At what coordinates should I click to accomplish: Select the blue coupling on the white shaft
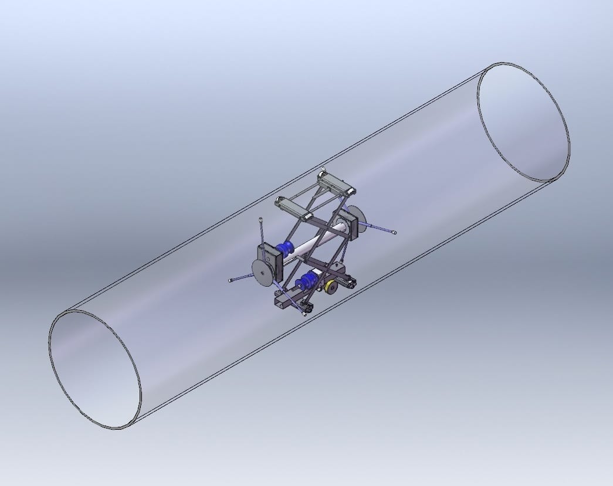click(287, 249)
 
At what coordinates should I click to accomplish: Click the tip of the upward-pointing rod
click(260, 220)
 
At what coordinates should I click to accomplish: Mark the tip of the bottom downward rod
click(304, 315)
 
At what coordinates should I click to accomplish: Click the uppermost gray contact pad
click(337, 183)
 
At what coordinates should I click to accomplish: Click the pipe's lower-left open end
click(94, 369)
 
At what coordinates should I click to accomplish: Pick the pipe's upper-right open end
click(523, 122)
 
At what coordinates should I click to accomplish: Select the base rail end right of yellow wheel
click(350, 283)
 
